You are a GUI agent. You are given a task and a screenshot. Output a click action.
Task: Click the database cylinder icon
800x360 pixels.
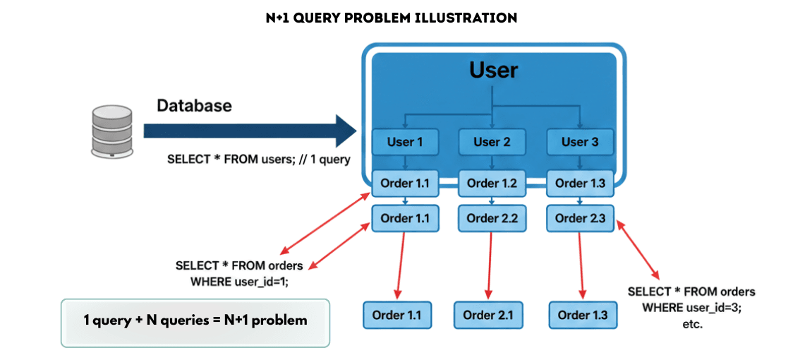(111, 131)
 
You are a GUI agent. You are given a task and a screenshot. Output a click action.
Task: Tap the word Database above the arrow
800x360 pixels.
(194, 106)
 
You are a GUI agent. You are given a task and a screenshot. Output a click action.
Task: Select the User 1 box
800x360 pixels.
(405, 142)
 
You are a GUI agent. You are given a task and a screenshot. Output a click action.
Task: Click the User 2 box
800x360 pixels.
(492, 142)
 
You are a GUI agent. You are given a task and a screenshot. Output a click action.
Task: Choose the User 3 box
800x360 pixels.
(579, 142)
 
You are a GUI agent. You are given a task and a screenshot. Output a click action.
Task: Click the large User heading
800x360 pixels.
(493, 71)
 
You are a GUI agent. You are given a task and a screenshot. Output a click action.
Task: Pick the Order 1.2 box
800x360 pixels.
(492, 184)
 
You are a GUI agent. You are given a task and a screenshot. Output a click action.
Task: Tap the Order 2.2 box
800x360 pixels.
(492, 218)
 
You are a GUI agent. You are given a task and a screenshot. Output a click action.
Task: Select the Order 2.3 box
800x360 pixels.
(579, 218)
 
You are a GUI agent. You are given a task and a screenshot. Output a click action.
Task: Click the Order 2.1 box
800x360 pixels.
(488, 315)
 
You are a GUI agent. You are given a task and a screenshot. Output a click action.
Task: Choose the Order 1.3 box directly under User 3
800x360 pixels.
(579, 184)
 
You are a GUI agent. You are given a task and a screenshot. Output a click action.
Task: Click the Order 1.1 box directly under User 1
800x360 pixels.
(405, 184)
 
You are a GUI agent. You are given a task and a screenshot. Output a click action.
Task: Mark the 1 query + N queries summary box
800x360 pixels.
(195, 320)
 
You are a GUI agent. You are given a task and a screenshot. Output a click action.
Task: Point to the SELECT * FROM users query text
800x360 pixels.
(258, 160)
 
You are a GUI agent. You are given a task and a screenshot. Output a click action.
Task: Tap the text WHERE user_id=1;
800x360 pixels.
(240, 280)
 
